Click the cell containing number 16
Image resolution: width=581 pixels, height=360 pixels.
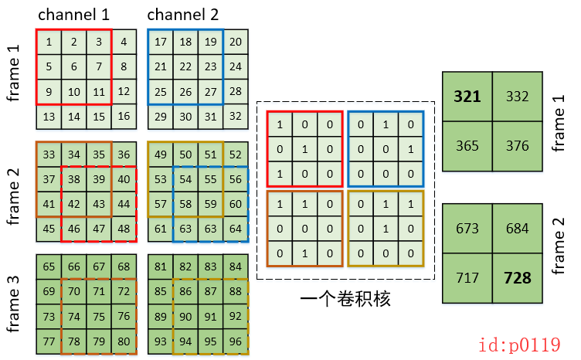click(x=124, y=116)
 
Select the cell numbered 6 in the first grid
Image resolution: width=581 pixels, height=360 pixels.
click(x=74, y=66)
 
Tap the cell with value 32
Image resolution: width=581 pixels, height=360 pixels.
click(x=236, y=116)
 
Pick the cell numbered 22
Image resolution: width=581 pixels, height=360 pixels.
click(x=185, y=66)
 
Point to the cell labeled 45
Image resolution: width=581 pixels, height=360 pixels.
click(x=49, y=229)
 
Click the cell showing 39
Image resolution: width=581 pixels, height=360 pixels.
click(x=98, y=179)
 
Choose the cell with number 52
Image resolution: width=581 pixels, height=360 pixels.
click(x=235, y=155)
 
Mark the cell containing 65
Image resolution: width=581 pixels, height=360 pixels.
click(x=49, y=267)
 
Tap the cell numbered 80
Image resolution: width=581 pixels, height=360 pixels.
click(x=124, y=341)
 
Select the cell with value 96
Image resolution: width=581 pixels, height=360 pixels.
click(x=235, y=341)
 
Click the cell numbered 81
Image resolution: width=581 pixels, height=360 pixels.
click(x=161, y=267)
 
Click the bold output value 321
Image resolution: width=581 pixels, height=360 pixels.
click(x=467, y=97)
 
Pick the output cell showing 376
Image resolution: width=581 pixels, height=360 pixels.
click(x=518, y=147)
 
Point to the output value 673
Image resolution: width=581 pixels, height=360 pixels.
click(x=467, y=228)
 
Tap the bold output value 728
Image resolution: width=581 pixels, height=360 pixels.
click(x=518, y=277)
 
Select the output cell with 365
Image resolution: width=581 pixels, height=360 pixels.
click(x=467, y=147)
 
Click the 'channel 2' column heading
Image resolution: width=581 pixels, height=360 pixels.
click(x=182, y=14)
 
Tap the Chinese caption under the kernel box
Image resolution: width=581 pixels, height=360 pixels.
click(x=345, y=298)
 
